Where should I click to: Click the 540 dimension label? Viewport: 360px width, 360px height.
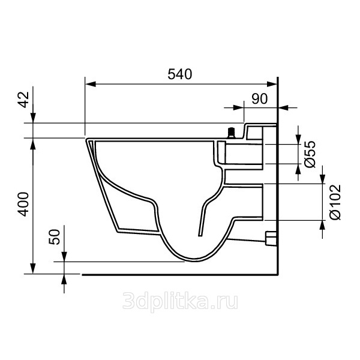(180, 74)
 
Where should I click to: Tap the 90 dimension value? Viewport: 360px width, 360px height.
(260, 99)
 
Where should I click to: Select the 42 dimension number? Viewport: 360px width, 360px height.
(24, 100)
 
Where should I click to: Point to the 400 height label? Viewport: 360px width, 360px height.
(24, 205)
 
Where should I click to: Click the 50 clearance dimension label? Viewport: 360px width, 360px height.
(55, 237)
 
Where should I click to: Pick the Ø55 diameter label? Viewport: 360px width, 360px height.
(310, 154)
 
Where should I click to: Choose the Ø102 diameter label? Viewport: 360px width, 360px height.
(335, 202)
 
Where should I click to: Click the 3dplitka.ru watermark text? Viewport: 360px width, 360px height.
(180, 301)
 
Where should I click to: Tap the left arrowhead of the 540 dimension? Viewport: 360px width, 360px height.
(91, 84)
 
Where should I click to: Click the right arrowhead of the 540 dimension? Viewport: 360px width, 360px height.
(272, 84)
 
